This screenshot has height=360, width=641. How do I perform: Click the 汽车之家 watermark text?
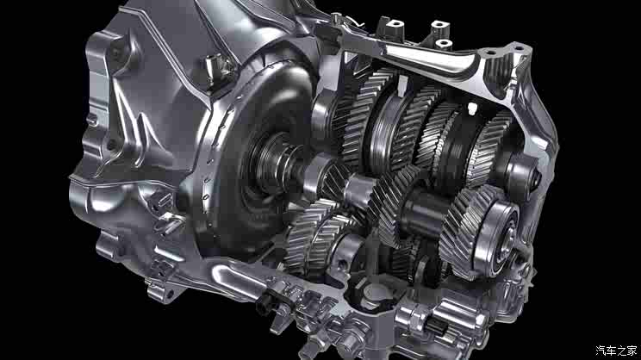(616, 351)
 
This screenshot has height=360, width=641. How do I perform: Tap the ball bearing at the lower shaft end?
(497, 236)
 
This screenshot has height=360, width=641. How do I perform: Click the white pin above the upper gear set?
(472, 108)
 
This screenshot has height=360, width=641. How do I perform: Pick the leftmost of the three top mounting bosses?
(395, 25)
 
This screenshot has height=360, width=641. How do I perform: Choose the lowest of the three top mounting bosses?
(443, 44)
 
